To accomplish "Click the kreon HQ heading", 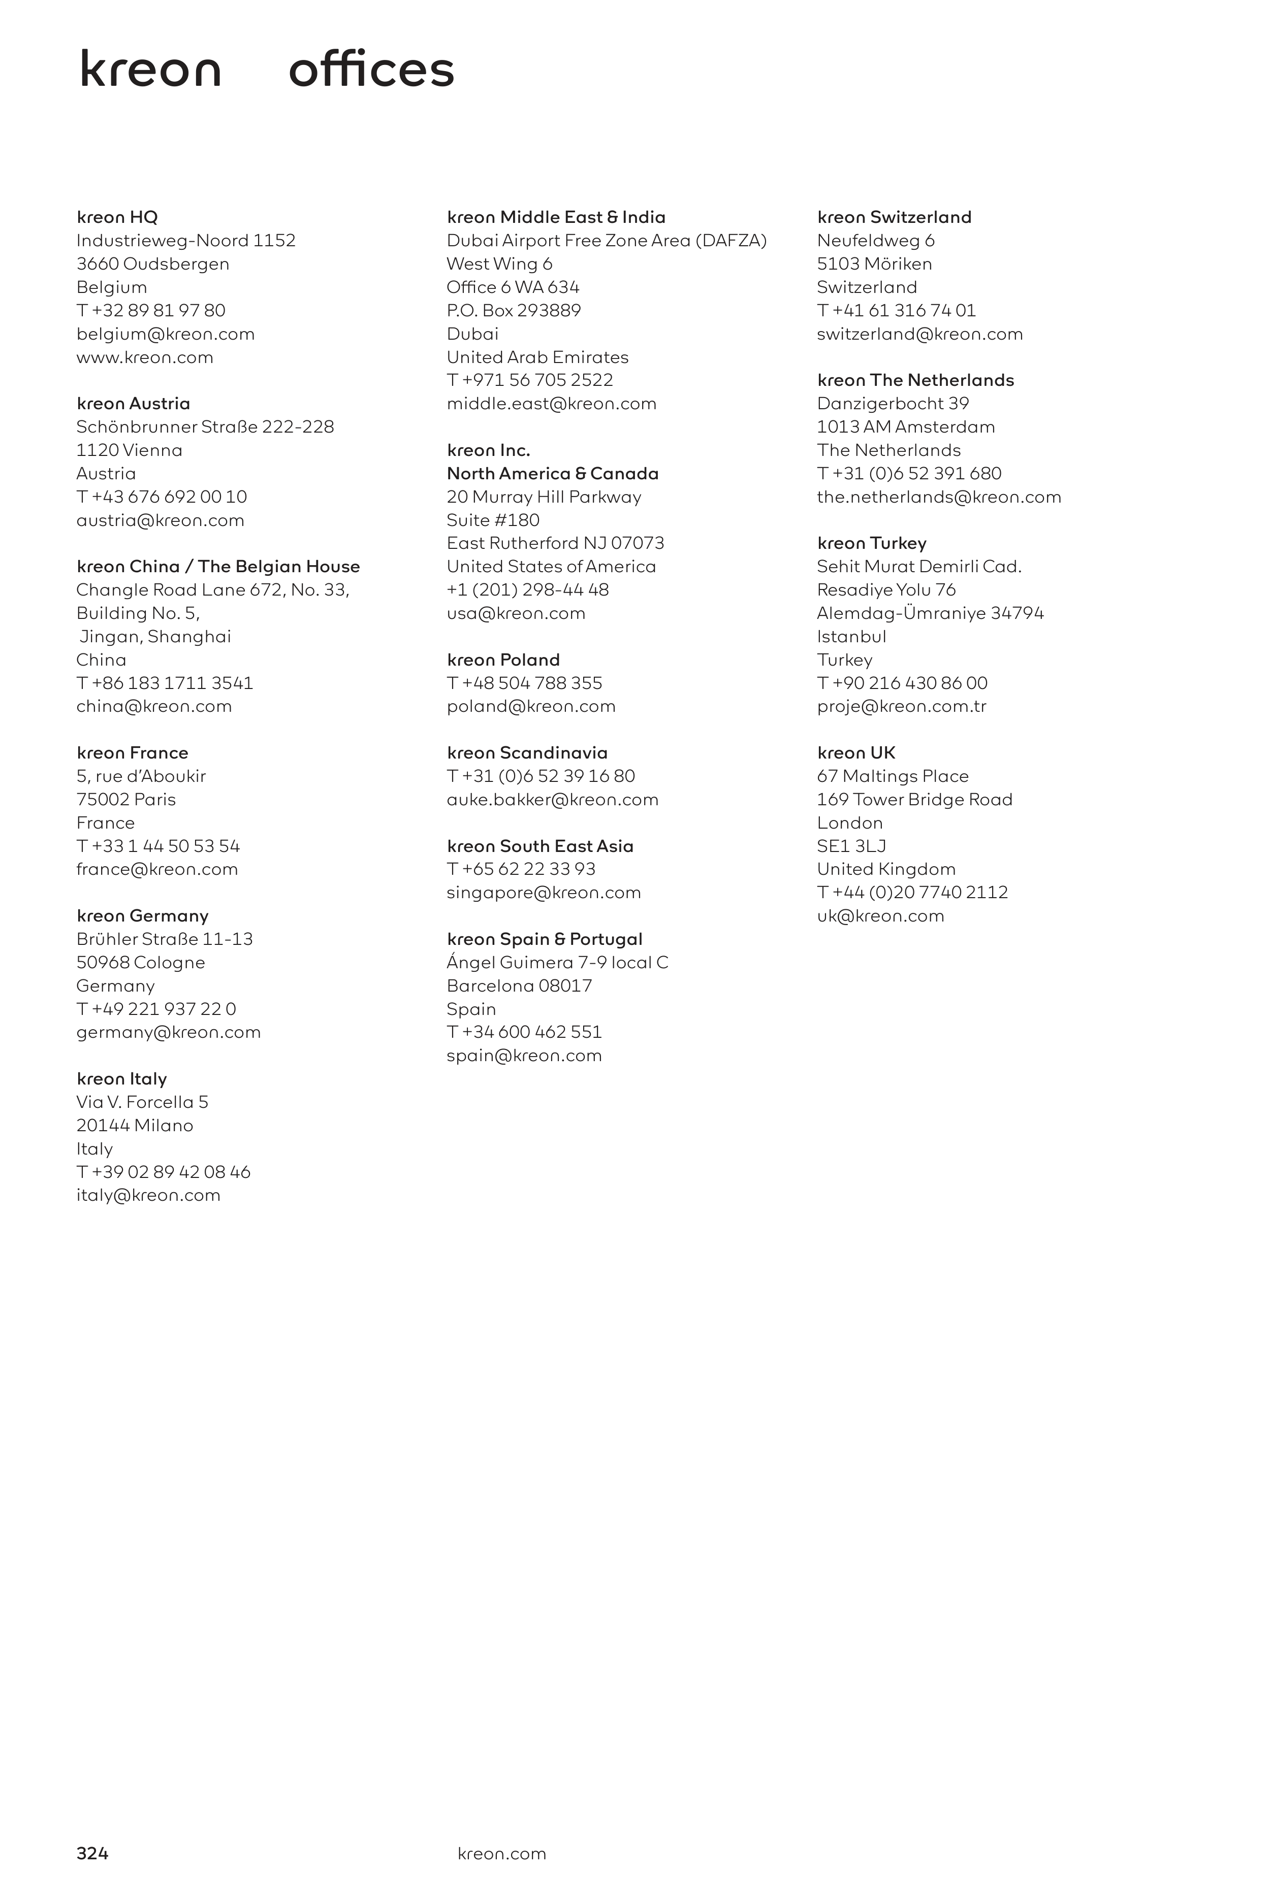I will pyautogui.click(x=117, y=217).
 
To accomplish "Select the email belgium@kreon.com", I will pyautogui.click(x=165, y=334).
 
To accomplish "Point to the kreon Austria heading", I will pyautogui.click(x=134, y=403).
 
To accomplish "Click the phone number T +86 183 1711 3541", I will pyautogui.click(x=165, y=683).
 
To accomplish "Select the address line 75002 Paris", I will pyautogui.click(x=125, y=800).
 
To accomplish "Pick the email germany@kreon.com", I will pyautogui.click(x=169, y=1032).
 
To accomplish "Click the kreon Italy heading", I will pyautogui.click(x=121, y=1078).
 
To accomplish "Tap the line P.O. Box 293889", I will pyautogui.click(x=514, y=310).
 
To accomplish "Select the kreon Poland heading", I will pyautogui.click(x=503, y=660).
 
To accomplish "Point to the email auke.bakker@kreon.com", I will pyautogui.click(x=552, y=800).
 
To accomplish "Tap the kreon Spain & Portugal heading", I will pyautogui.click(x=544, y=939).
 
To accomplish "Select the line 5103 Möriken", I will pyautogui.click(x=874, y=264).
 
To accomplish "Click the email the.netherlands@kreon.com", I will pyautogui.click(x=939, y=497).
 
